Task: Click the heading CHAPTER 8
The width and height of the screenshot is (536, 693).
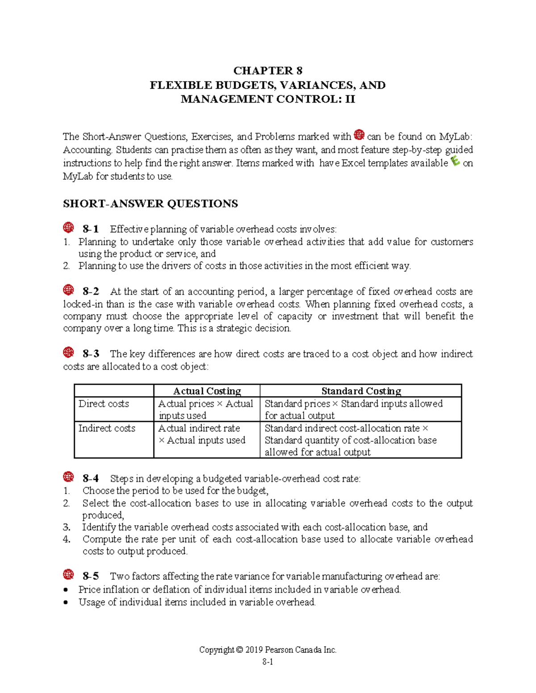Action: point(268,71)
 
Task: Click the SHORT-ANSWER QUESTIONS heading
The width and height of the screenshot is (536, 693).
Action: point(150,204)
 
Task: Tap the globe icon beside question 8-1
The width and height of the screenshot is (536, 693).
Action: point(68,228)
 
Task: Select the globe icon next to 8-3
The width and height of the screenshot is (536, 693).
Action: point(68,353)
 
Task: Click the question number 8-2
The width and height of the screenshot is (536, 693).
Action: point(91,292)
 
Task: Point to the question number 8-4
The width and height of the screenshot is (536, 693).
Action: point(91,479)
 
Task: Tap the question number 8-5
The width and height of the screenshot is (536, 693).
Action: point(91,577)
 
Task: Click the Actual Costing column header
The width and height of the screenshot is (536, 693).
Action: point(207,391)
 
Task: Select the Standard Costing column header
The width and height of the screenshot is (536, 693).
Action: point(361,391)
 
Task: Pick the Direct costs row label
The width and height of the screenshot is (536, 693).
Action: point(104,404)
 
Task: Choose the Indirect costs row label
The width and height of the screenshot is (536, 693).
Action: point(107,428)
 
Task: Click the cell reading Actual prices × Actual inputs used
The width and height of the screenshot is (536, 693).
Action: point(205,410)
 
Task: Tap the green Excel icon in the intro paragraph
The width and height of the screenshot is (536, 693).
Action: point(455,161)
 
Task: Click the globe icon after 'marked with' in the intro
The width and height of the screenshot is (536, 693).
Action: point(359,135)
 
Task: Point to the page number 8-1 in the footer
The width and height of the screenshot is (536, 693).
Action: point(268,662)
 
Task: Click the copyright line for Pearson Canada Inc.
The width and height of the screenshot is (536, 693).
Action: point(268,650)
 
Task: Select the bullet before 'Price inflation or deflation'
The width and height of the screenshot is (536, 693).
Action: point(66,590)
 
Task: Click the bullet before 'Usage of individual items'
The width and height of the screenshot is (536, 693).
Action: point(66,603)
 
